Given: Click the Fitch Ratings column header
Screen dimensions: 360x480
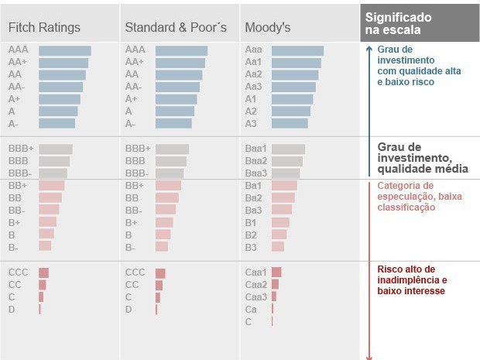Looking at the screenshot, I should pos(44,27).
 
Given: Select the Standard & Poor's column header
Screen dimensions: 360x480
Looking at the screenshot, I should pos(176,27).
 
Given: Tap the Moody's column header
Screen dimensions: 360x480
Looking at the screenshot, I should pos(267,27).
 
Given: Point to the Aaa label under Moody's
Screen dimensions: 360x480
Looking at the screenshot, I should pos(253,50).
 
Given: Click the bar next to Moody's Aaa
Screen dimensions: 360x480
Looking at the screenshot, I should pos(298,50).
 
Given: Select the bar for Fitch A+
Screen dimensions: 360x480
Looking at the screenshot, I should pos(60,99).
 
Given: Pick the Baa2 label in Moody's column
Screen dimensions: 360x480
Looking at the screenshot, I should pos(256,161).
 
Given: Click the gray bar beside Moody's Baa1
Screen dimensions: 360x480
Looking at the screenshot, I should pos(289,149).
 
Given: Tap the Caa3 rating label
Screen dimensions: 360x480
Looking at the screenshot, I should pos(256,297).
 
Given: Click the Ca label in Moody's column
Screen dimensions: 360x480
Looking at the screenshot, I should pos(251,309).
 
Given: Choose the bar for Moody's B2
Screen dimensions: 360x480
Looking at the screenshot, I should pos(279,234).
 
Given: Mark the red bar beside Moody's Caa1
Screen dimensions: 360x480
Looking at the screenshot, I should pos(276,273).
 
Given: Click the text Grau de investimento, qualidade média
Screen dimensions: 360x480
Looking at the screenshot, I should pos(422,158).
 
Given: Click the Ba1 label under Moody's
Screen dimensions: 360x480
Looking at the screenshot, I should pos(253,186).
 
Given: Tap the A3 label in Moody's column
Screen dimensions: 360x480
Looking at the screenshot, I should pos(251,123).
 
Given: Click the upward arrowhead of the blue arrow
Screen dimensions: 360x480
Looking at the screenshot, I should pos(369,47).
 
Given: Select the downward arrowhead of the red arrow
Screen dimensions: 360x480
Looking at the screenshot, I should pos(369,357).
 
